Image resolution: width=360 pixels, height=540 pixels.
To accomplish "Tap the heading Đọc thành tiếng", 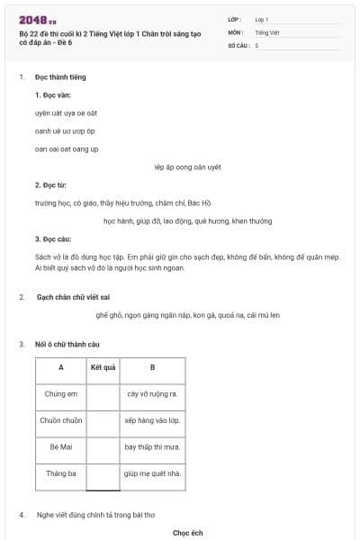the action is click(60, 77).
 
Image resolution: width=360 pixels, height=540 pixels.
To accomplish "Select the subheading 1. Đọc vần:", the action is click(53, 94).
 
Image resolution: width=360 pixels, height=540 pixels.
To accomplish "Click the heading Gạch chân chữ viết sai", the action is click(73, 297).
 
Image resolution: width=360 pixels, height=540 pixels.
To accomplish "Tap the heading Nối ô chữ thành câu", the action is click(67, 345).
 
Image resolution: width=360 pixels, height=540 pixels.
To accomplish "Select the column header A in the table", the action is click(60, 367).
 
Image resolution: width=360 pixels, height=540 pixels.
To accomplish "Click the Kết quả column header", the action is click(103, 367).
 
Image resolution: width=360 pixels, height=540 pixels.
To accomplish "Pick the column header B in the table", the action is click(152, 367).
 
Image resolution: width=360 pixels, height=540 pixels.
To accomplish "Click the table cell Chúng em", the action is click(60, 393).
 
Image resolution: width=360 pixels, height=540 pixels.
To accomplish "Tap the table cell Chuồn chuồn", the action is click(60, 420).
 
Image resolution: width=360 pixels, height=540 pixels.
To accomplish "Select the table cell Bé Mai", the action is click(60, 446).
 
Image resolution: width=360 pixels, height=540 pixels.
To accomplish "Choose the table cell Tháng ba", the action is click(60, 473).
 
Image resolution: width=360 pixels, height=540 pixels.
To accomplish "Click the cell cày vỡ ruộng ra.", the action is click(152, 393).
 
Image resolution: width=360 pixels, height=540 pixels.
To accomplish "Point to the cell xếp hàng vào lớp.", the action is click(152, 420).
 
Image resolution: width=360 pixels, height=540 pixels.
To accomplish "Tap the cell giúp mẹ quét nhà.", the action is click(152, 473).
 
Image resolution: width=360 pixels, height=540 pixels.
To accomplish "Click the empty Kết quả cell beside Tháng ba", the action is click(103, 473).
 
